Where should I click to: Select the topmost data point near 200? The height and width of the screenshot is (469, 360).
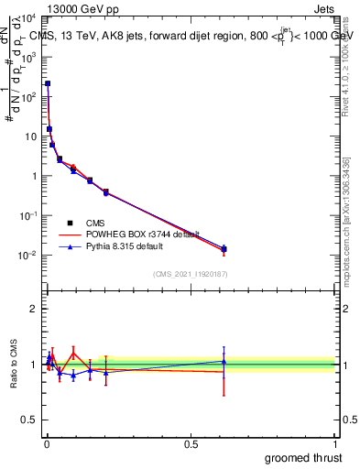(48, 83)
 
